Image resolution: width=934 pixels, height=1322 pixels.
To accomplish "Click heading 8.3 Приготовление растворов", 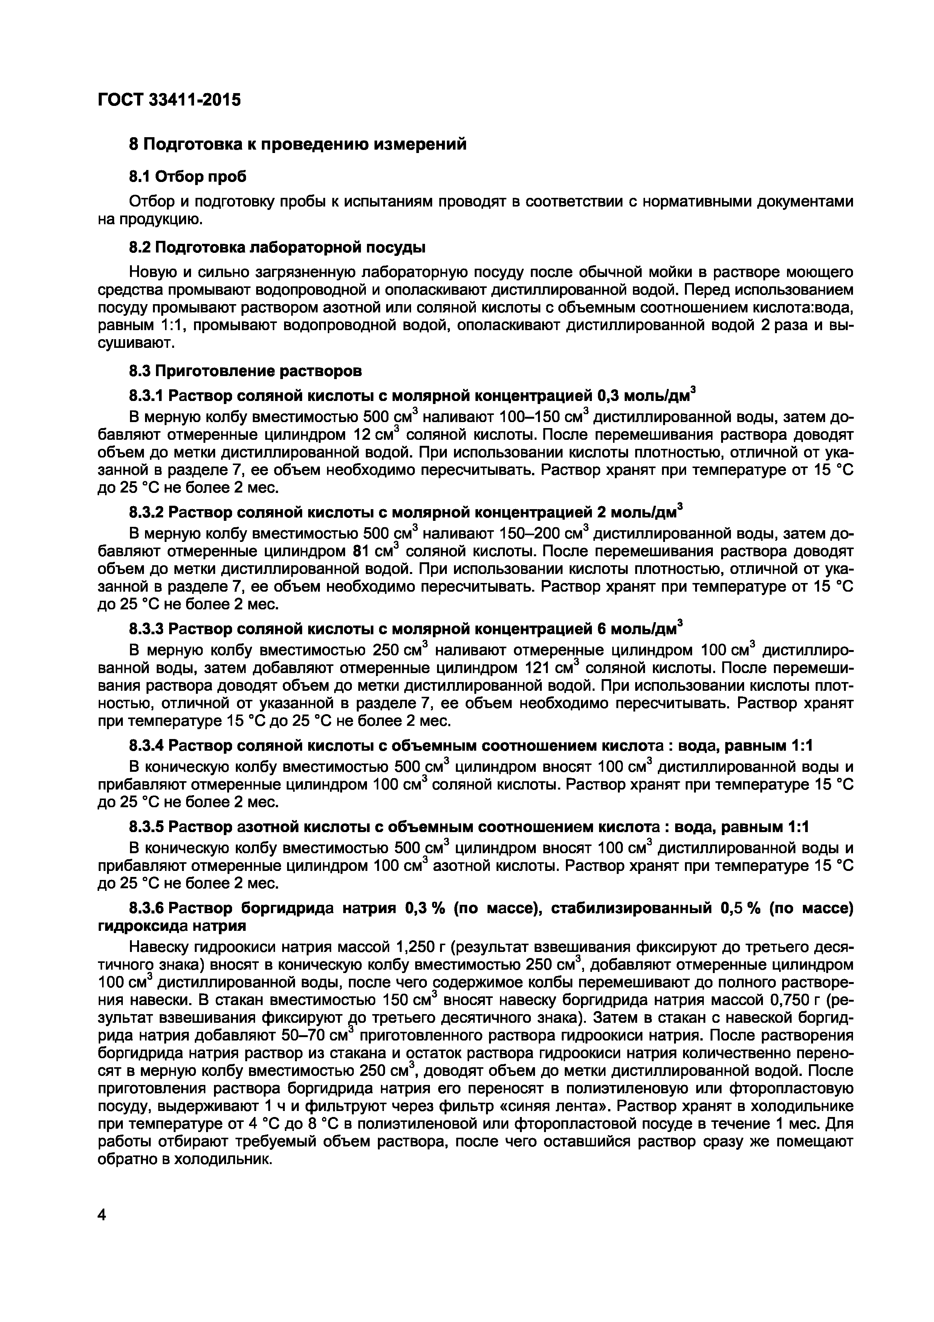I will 245,371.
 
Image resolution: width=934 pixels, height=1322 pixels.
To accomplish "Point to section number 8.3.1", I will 147,396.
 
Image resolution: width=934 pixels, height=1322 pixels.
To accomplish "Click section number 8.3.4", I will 147,746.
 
